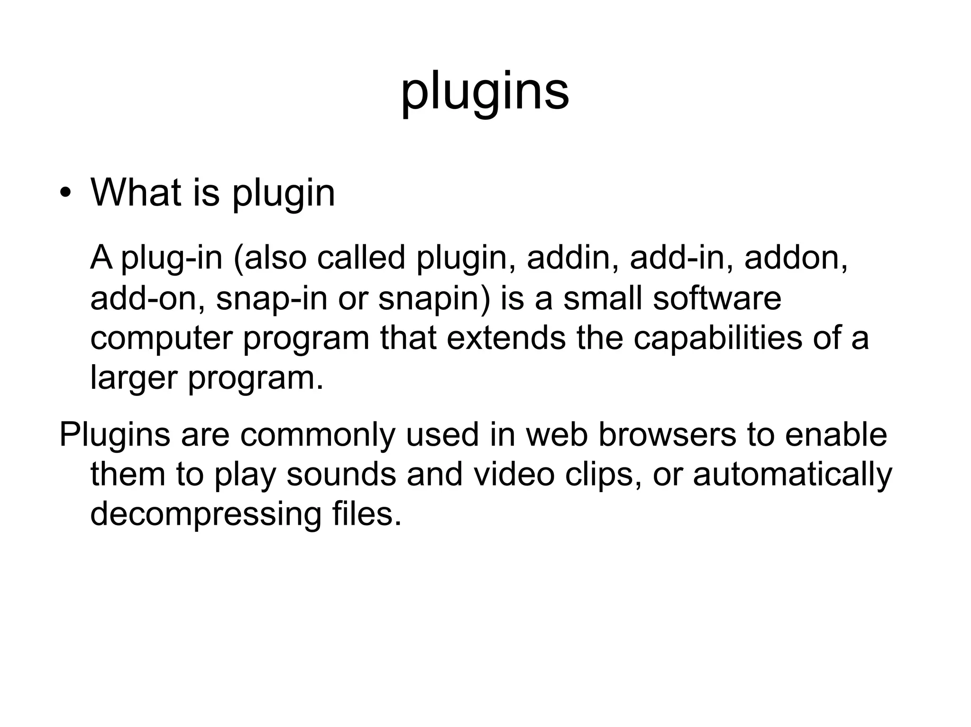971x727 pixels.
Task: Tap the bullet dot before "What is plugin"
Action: [65, 194]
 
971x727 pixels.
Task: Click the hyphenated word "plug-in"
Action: [172, 259]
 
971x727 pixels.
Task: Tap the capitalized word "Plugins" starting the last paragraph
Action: [114, 435]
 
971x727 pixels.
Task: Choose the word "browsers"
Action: [667, 434]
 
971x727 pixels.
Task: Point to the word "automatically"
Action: [792, 475]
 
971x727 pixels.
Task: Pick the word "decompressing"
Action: [206, 515]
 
